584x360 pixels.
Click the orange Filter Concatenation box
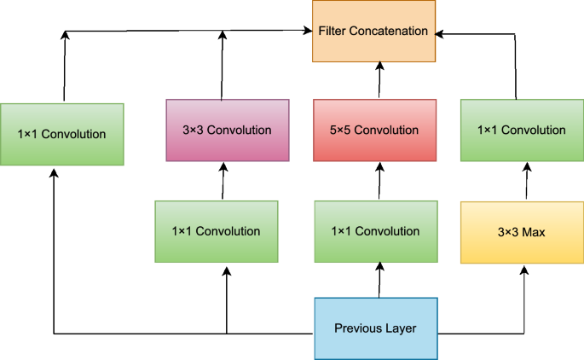point(373,32)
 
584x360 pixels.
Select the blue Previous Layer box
point(375,328)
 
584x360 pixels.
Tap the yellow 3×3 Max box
point(522,232)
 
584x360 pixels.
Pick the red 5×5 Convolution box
point(375,131)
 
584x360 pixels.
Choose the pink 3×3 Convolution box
point(227,131)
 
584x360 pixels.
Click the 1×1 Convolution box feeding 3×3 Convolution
point(216,231)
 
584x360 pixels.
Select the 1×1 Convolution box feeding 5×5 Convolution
point(375,231)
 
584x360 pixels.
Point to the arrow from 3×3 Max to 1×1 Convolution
point(523,182)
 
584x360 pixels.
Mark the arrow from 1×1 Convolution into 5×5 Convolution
point(378,181)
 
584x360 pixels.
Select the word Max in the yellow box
point(534,232)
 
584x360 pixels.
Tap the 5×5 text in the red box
point(341,131)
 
